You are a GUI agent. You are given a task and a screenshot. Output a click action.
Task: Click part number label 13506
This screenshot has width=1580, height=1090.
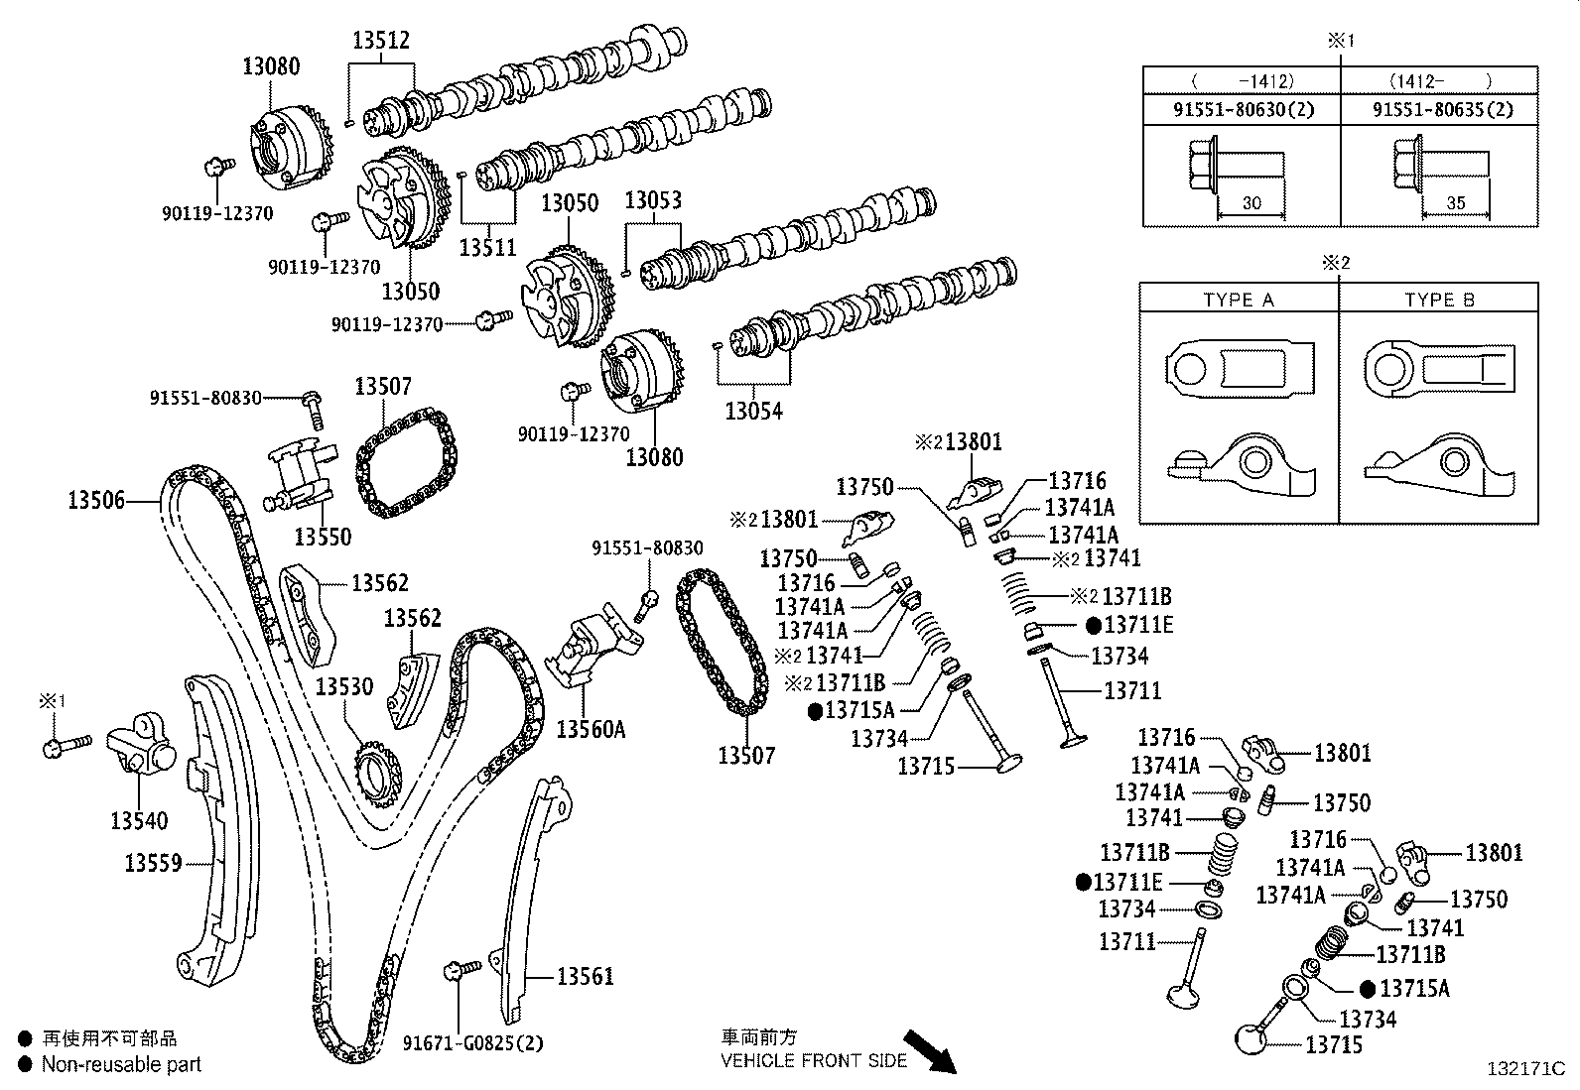pyautogui.click(x=96, y=500)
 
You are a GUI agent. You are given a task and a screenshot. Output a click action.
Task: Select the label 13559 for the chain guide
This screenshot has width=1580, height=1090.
pyautogui.click(x=153, y=863)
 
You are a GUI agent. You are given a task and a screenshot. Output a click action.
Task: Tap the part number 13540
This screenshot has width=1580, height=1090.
pyautogui.click(x=139, y=821)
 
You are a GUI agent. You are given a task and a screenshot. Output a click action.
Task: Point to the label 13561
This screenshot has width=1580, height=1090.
pyautogui.click(x=585, y=976)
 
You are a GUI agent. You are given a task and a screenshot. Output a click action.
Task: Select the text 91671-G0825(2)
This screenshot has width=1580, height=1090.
pyautogui.click(x=473, y=1043)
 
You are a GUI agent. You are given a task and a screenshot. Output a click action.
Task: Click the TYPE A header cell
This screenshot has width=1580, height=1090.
pyautogui.click(x=1238, y=300)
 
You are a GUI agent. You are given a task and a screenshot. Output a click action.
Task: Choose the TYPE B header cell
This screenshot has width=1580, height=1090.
pyautogui.click(x=1439, y=300)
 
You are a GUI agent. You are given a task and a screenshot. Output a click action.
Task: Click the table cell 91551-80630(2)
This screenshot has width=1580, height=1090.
pyautogui.click(x=1243, y=109)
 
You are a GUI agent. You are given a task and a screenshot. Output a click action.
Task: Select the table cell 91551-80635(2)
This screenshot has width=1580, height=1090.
pyautogui.click(x=1442, y=109)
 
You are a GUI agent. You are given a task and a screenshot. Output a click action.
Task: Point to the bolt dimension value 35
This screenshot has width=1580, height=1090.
pyautogui.click(x=1455, y=202)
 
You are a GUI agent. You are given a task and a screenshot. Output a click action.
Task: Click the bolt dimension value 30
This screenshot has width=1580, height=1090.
pyautogui.click(x=1251, y=202)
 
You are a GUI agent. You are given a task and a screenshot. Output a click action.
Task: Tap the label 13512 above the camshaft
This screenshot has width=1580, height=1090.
pyautogui.click(x=381, y=41)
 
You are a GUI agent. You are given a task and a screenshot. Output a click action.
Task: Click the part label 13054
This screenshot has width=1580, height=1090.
pyautogui.click(x=753, y=410)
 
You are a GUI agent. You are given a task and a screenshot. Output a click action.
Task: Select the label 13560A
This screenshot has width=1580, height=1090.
pyautogui.click(x=591, y=730)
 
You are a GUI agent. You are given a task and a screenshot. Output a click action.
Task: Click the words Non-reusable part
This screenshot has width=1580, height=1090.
pyautogui.click(x=121, y=1064)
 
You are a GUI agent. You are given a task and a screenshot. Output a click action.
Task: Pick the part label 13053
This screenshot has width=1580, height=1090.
pyautogui.click(x=653, y=200)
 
